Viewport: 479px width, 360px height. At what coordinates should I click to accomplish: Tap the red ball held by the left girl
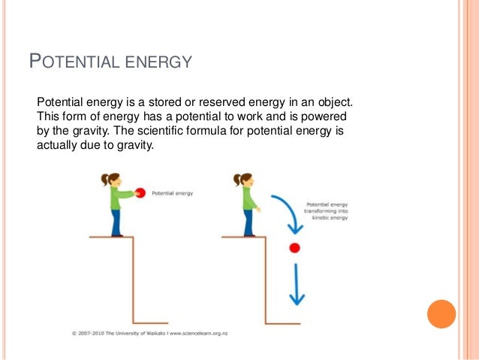(x=139, y=193)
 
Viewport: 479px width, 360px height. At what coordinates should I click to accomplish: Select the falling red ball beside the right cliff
(x=294, y=247)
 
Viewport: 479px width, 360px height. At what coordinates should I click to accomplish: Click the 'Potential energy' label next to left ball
(x=173, y=193)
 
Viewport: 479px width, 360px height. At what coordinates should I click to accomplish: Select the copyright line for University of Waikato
(x=161, y=331)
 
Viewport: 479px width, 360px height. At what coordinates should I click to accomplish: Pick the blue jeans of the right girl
(x=248, y=222)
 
